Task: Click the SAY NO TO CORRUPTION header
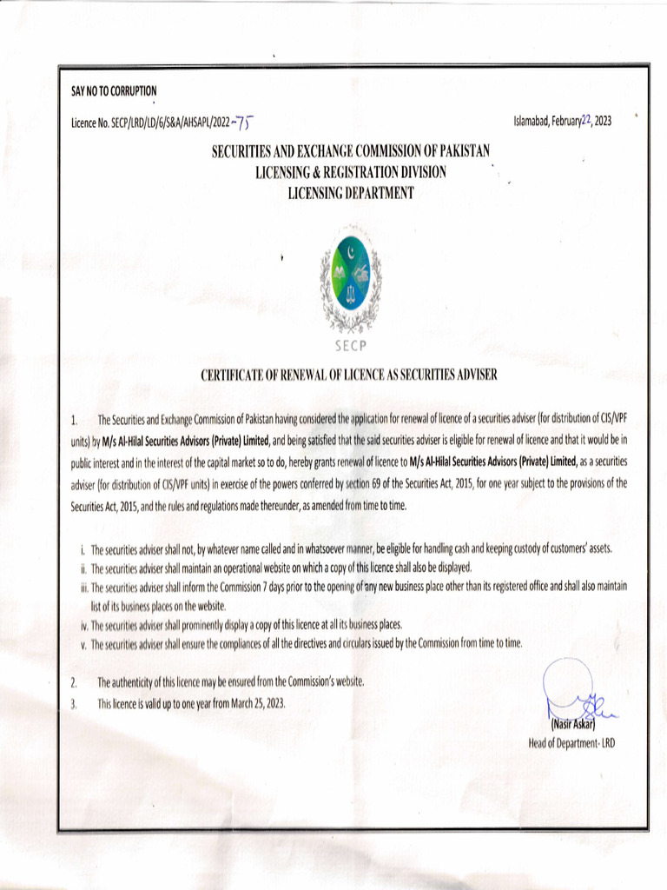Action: [x=114, y=91]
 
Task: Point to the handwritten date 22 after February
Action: [x=584, y=120]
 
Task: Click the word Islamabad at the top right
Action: [x=532, y=122]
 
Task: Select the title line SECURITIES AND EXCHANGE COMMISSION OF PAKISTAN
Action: [x=352, y=153]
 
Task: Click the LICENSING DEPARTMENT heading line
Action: [x=351, y=191]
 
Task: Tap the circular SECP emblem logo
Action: [x=350, y=276]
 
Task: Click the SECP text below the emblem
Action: [x=350, y=344]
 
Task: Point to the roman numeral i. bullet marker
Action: [x=82, y=550]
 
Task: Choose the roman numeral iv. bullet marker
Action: [x=83, y=625]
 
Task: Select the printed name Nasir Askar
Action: [x=571, y=725]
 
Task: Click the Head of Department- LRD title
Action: [x=571, y=743]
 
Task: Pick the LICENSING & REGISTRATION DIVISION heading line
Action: [x=351, y=172]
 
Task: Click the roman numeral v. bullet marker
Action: [x=83, y=644]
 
